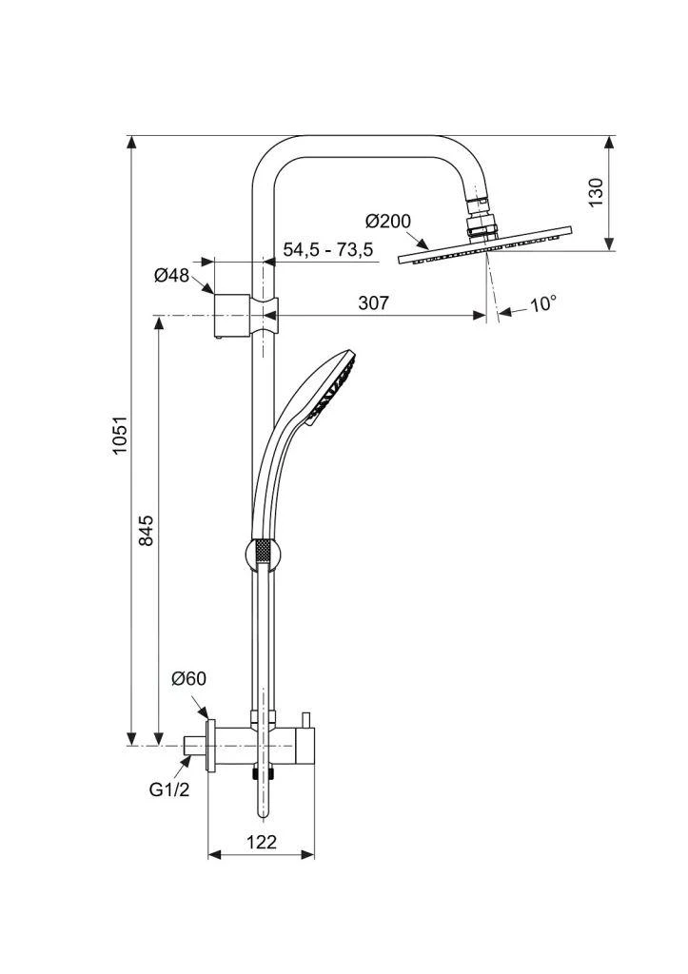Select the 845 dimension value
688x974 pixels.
146,530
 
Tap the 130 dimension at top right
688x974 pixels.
597,192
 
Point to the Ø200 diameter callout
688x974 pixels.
388,222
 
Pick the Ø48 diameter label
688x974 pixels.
171,276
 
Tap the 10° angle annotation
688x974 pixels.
543,304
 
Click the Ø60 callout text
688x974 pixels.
188,678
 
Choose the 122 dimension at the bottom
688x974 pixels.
260,842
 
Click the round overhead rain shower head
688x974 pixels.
485,245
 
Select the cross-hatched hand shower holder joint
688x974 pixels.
264,551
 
